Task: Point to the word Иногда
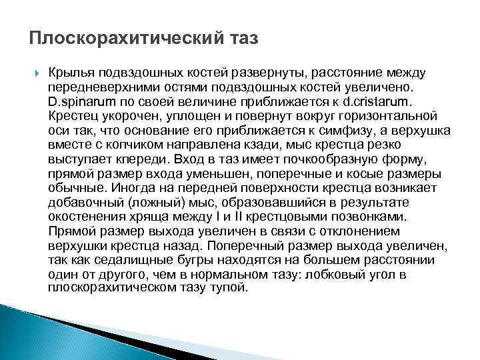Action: click(136, 189)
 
